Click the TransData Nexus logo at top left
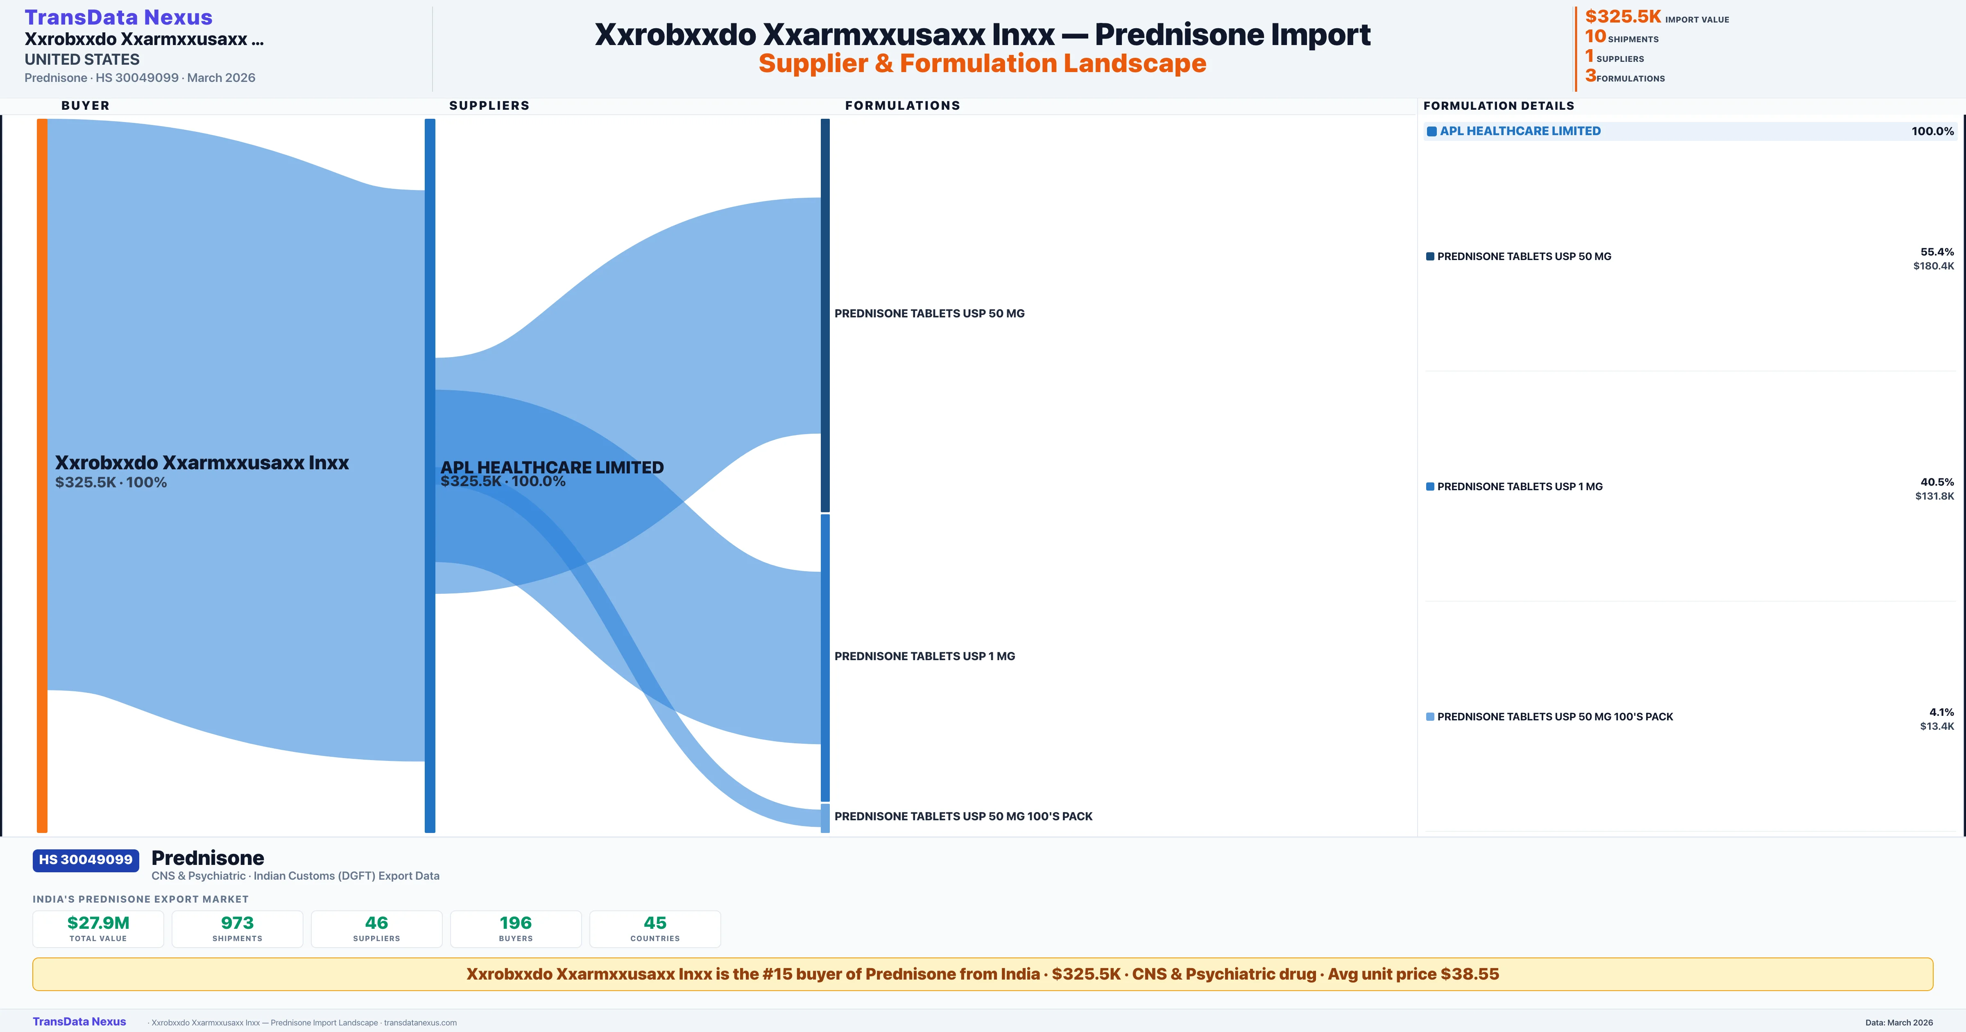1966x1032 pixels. coord(118,18)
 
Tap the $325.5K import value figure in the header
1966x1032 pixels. coord(1622,17)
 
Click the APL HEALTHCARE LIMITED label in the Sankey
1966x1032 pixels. coord(552,467)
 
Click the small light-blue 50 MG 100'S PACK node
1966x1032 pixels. coord(825,817)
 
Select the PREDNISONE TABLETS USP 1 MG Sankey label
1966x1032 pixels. coord(924,656)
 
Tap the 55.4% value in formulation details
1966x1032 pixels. coord(1937,252)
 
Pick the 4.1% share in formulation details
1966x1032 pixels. coord(1941,712)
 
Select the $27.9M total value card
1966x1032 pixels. coord(98,928)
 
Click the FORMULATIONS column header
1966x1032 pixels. coord(902,105)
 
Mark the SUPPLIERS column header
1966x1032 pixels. coord(489,105)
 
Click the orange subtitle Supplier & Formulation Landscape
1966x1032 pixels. coord(982,63)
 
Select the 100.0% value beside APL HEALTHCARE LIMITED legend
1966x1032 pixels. coord(1932,131)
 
